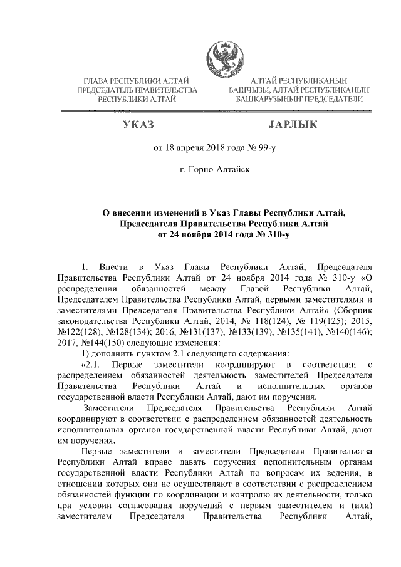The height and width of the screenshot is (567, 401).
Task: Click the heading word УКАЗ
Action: tap(138, 125)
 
